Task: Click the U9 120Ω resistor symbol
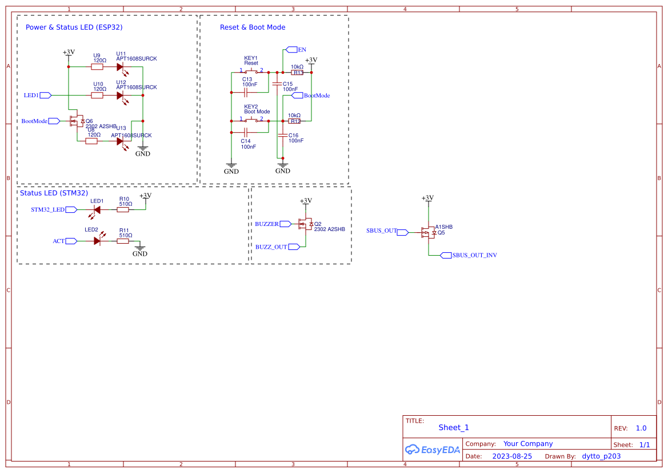(x=97, y=67)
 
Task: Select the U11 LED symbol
(x=121, y=67)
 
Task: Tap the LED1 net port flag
(x=46, y=95)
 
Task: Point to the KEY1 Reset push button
(x=251, y=72)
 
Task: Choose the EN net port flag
(x=291, y=50)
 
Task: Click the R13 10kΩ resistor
(x=297, y=73)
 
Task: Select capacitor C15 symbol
(x=277, y=84)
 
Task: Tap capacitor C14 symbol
(x=245, y=133)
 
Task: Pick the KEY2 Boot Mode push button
(x=251, y=121)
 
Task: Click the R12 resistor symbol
(x=294, y=121)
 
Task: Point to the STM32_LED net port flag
(x=71, y=210)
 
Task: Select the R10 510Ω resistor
(x=123, y=210)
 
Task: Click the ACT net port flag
(x=71, y=241)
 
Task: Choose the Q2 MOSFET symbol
(x=305, y=224)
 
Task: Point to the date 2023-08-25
(x=512, y=456)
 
